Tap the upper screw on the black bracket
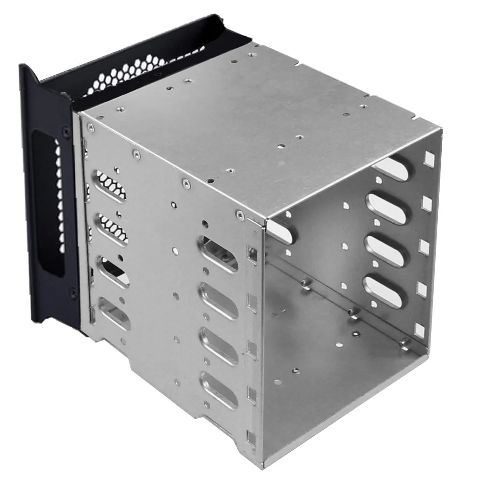point(66,132)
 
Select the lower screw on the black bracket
point(71,290)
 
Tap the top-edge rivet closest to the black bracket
point(90,128)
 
